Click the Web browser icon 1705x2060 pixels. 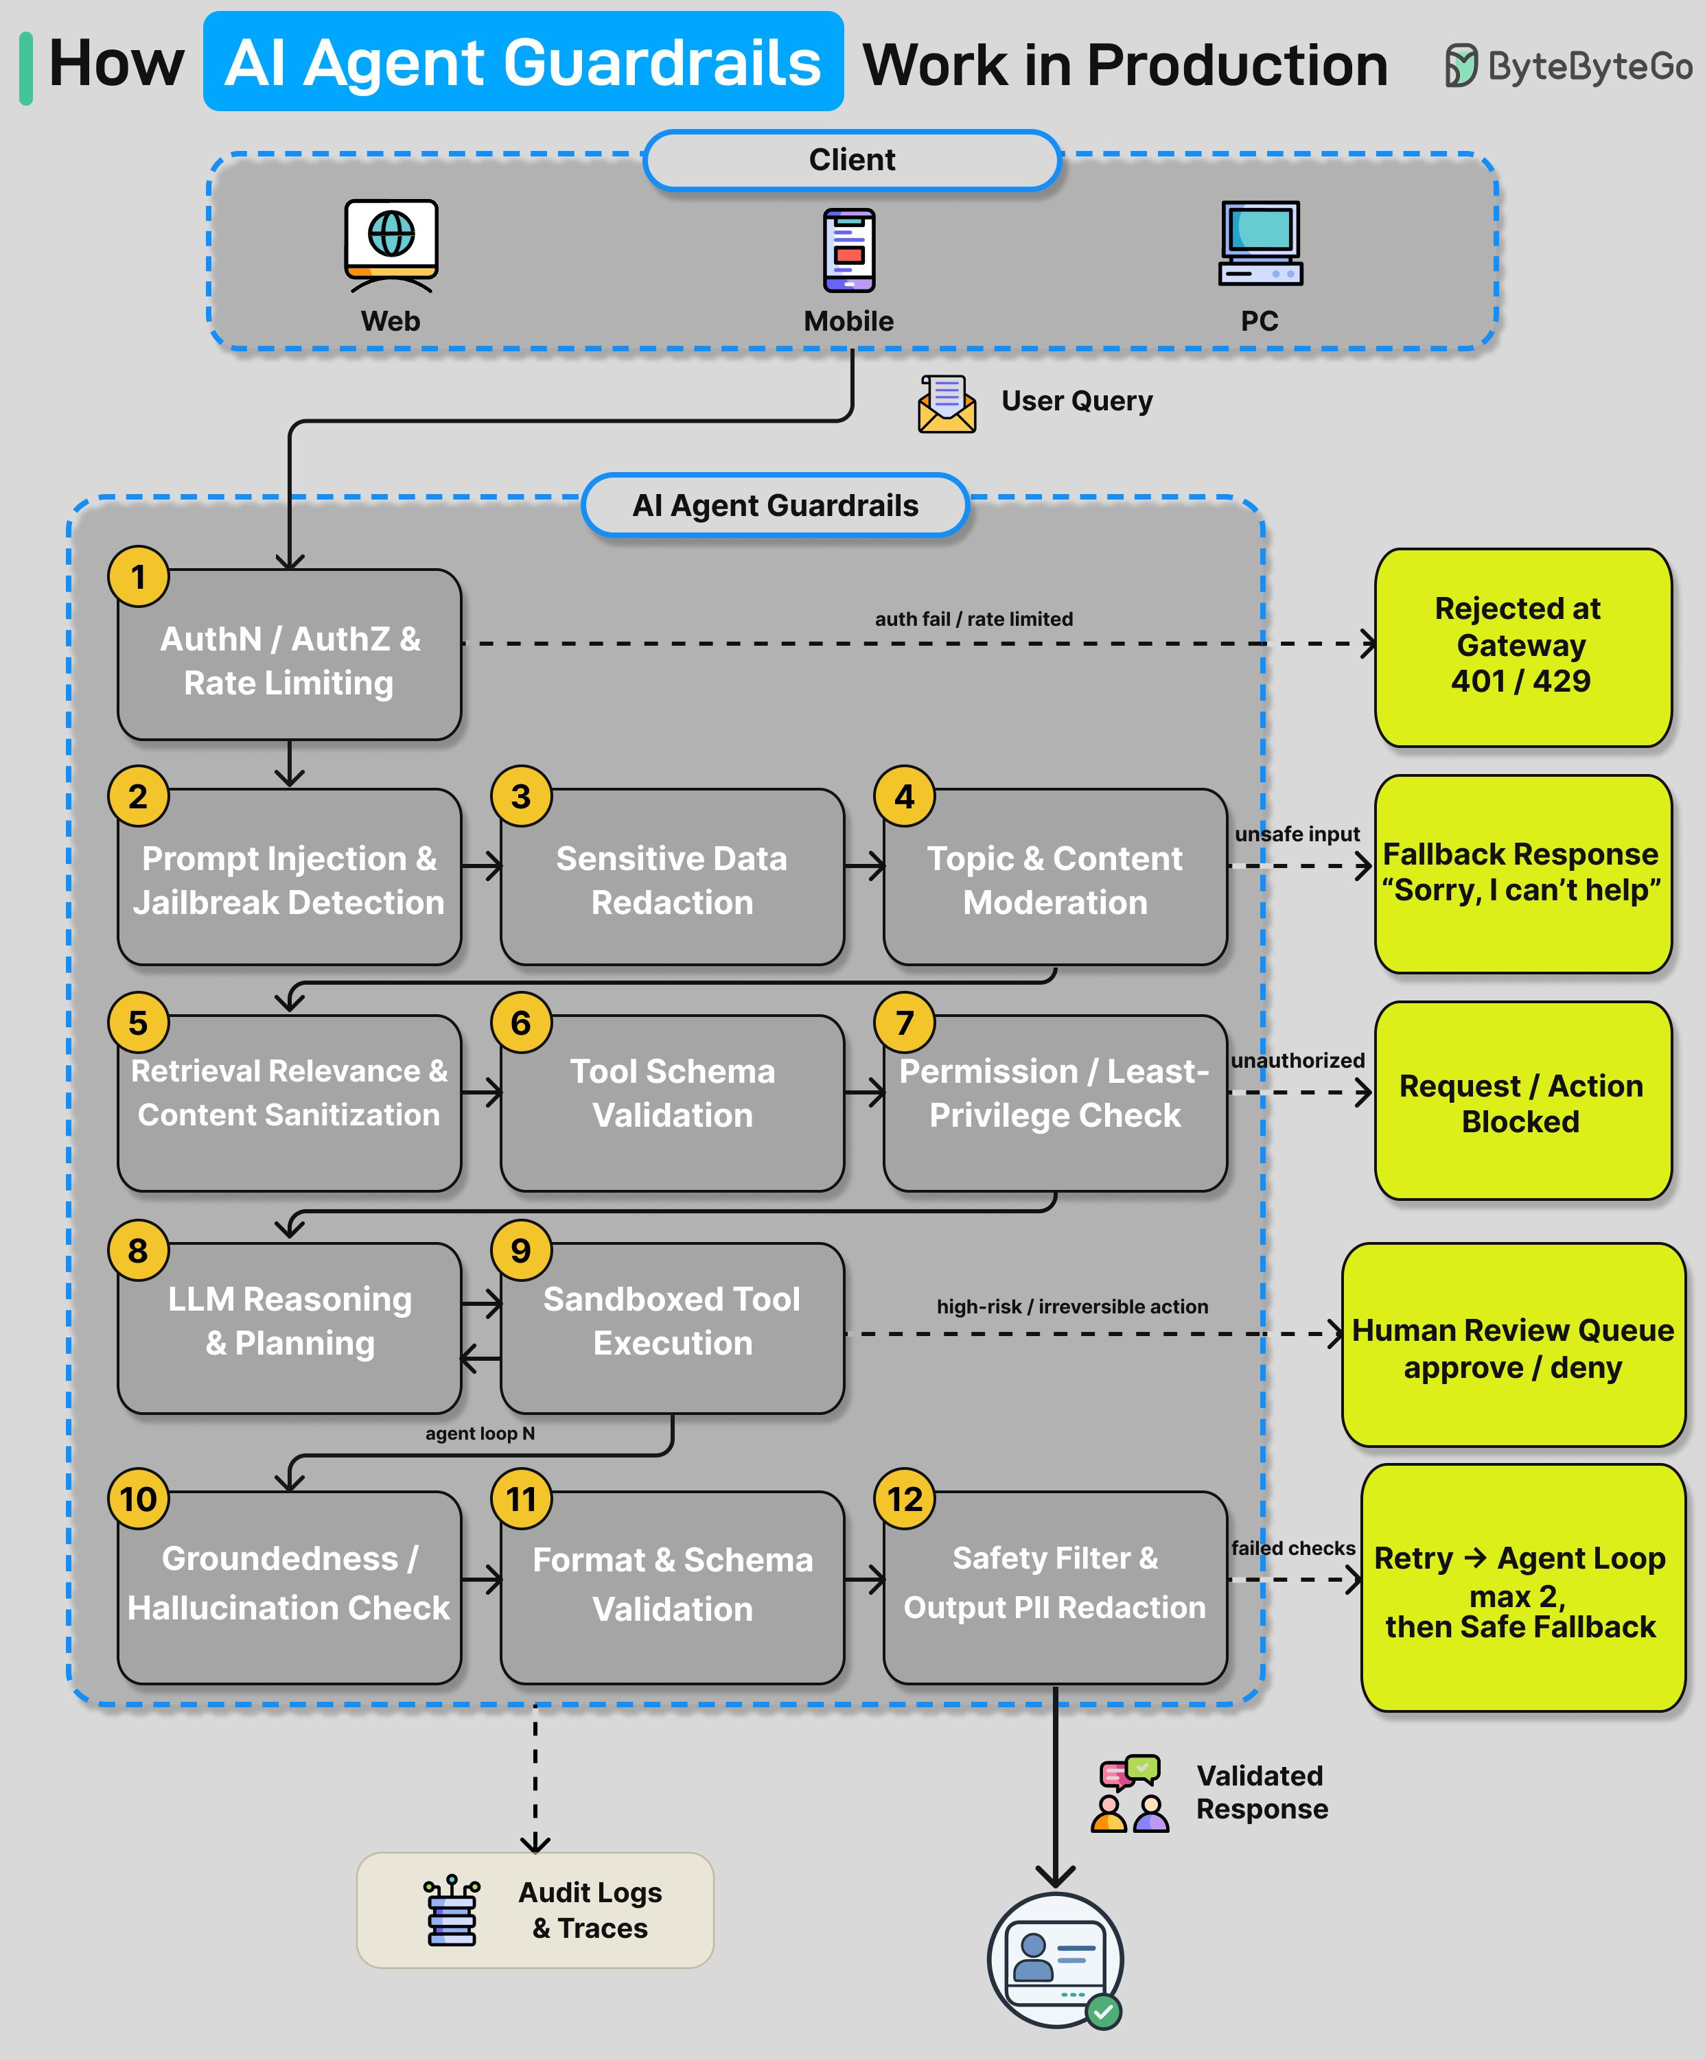[391, 245]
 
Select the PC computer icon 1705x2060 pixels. [1261, 244]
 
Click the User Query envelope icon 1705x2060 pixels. [947, 404]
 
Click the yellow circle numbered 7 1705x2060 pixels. [905, 1022]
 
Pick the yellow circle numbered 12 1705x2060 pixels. [905, 1499]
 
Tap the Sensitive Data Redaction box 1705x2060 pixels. [672, 877]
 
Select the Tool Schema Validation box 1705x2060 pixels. [672, 1103]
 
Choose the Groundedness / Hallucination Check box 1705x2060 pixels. [290, 1587]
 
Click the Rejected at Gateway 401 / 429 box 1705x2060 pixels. [1522, 647]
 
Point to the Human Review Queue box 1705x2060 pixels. [1513, 1345]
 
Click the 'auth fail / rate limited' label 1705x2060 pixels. [974, 619]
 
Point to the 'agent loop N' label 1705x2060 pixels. [480, 1433]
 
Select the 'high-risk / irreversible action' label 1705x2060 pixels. [1072, 1307]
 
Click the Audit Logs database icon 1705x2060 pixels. [451, 1910]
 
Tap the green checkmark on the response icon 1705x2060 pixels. [1104, 2013]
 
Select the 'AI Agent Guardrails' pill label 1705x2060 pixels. [775, 505]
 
